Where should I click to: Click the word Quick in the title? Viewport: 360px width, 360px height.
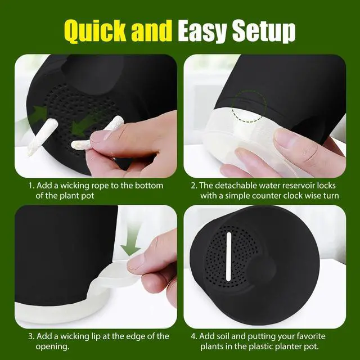95,30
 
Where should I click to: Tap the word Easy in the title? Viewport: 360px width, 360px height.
202,31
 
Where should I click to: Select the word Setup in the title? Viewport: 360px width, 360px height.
264,31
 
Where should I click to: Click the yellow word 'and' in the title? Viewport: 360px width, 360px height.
152,30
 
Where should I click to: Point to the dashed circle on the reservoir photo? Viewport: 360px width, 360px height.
249,106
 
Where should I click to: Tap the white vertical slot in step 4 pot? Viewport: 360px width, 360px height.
229,256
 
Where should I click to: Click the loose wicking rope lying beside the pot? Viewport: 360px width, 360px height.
42,137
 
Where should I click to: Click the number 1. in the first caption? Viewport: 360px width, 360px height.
31,186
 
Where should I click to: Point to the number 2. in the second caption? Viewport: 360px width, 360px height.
194,186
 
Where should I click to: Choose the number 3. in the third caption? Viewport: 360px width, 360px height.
31,336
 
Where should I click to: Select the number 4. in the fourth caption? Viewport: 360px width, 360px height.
194,336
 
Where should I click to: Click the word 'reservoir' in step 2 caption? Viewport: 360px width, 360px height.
295,186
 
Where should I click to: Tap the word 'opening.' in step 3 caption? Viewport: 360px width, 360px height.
52,346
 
